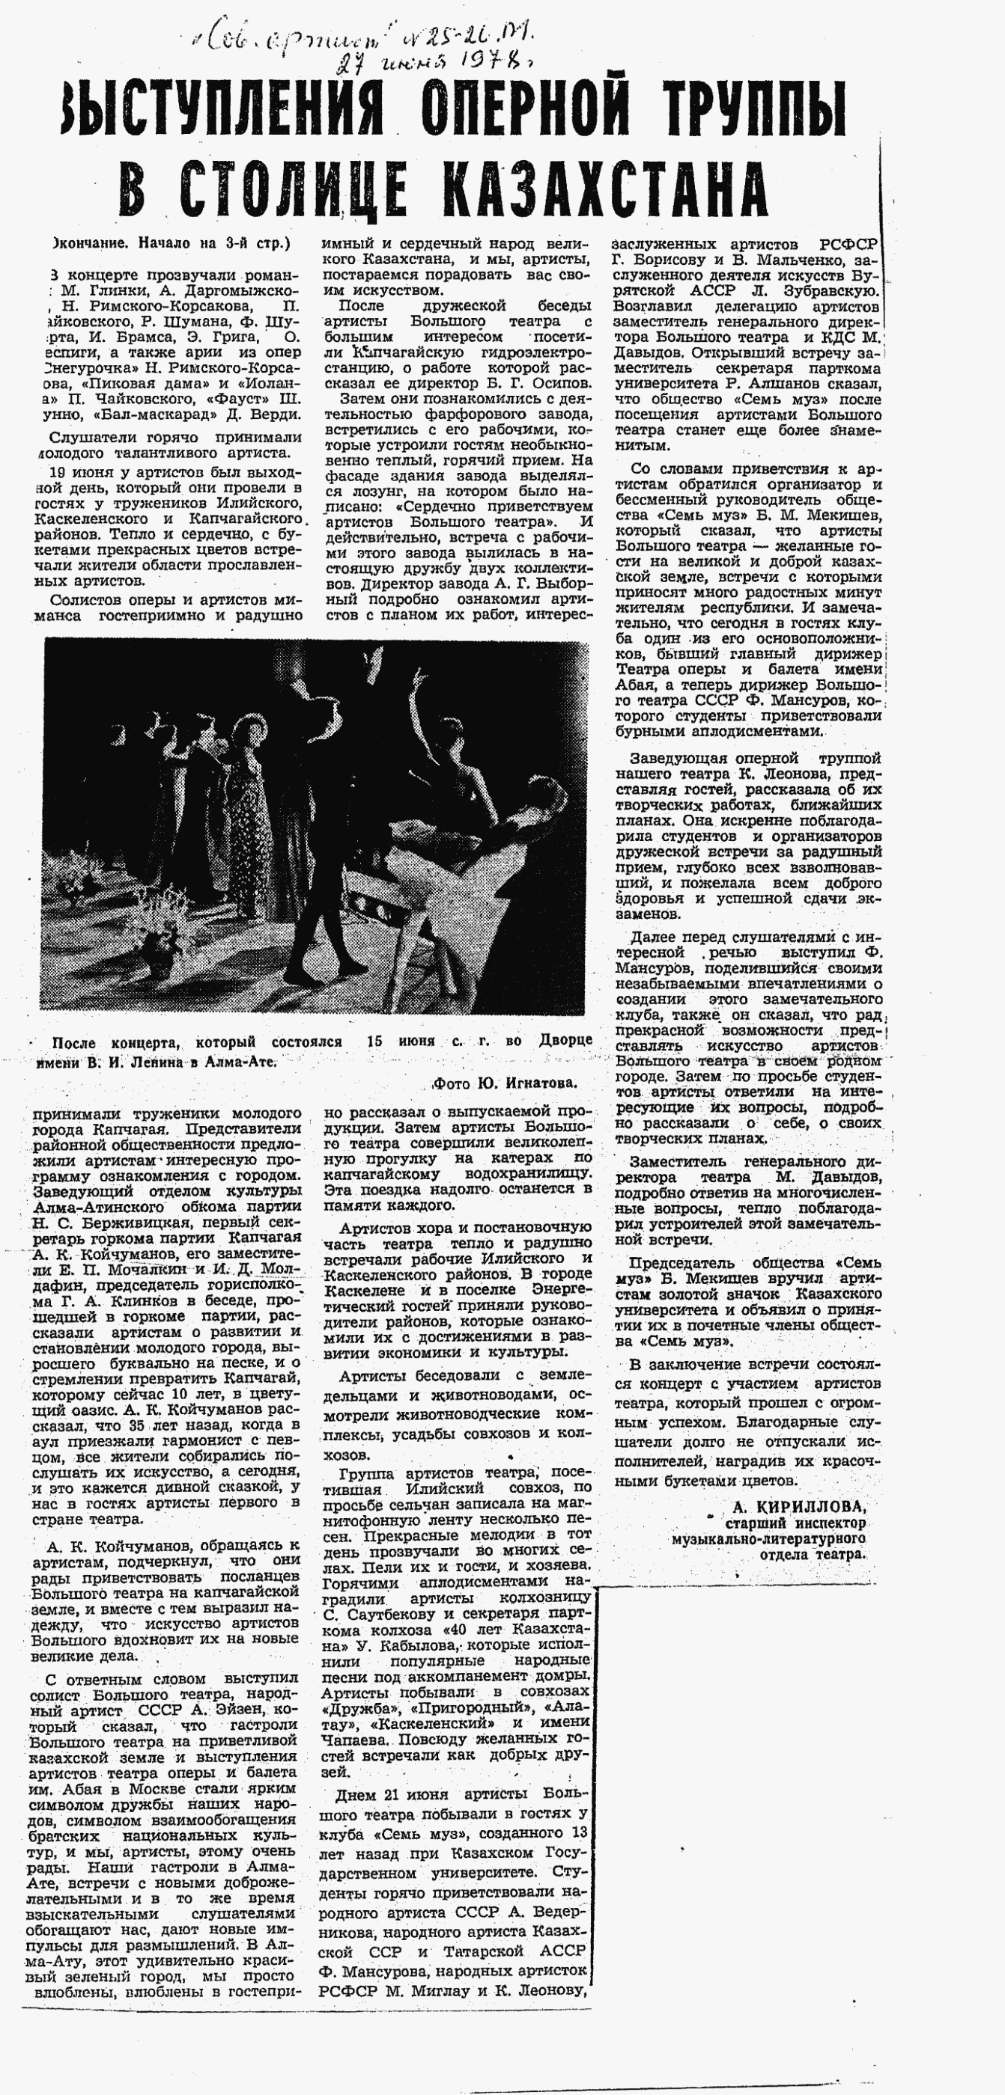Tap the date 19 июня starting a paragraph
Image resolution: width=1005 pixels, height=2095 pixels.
(x=78, y=471)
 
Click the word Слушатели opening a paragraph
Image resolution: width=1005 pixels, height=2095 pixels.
(x=91, y=437)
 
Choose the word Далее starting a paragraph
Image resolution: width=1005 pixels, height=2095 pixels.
(x=652, y=937)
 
